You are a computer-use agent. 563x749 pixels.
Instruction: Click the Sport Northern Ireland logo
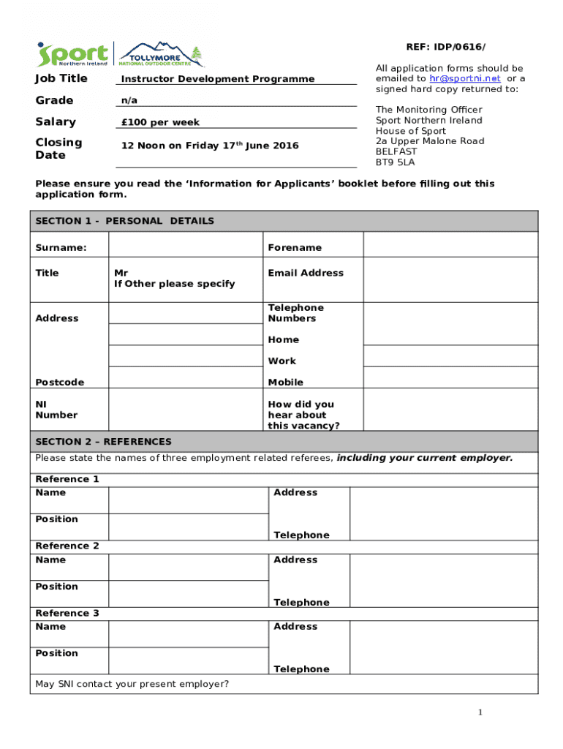click(x=72, y=55)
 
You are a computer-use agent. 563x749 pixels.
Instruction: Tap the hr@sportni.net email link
click(x=465, y=78)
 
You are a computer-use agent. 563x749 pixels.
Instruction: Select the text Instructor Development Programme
click(x=218, y=79)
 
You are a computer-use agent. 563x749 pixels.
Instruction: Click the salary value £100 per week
click(x=160, y=122)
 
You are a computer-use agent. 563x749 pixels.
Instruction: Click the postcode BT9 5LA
click(x=395, y=162)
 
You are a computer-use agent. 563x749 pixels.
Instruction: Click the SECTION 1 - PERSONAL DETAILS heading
click(x=125, y=221)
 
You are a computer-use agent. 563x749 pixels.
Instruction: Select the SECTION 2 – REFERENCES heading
click(x=104, y=442)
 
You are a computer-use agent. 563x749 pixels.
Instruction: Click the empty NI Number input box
click(x=185, y=410)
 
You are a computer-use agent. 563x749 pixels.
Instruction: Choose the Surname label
click(x=61, y=248)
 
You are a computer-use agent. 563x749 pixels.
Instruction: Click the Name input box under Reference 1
click(x=188, y=500)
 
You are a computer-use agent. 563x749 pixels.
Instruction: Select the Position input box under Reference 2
click(x=188, y=593)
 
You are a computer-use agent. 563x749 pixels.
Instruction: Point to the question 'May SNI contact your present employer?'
click(x=132, y=685)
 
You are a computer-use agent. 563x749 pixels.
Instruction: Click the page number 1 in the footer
click(x=480, y=712)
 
